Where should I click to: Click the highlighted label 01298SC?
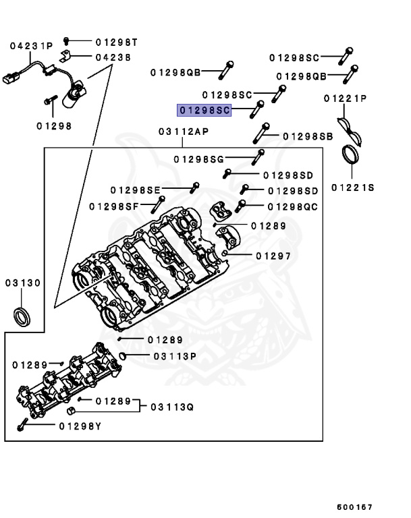204,110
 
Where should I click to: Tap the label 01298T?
115,42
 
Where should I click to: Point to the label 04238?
113,57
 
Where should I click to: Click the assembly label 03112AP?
184,132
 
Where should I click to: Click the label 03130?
23,283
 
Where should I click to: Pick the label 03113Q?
172,407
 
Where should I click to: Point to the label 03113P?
174,356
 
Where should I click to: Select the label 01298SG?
198,159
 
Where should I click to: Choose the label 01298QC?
292,206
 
